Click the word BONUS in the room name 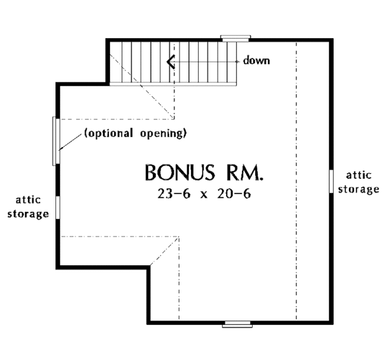point(176,173)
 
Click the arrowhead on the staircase point(169,62)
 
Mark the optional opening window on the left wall point(56,141)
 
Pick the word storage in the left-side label point(28,214)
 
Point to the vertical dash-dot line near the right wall point(297,191)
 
